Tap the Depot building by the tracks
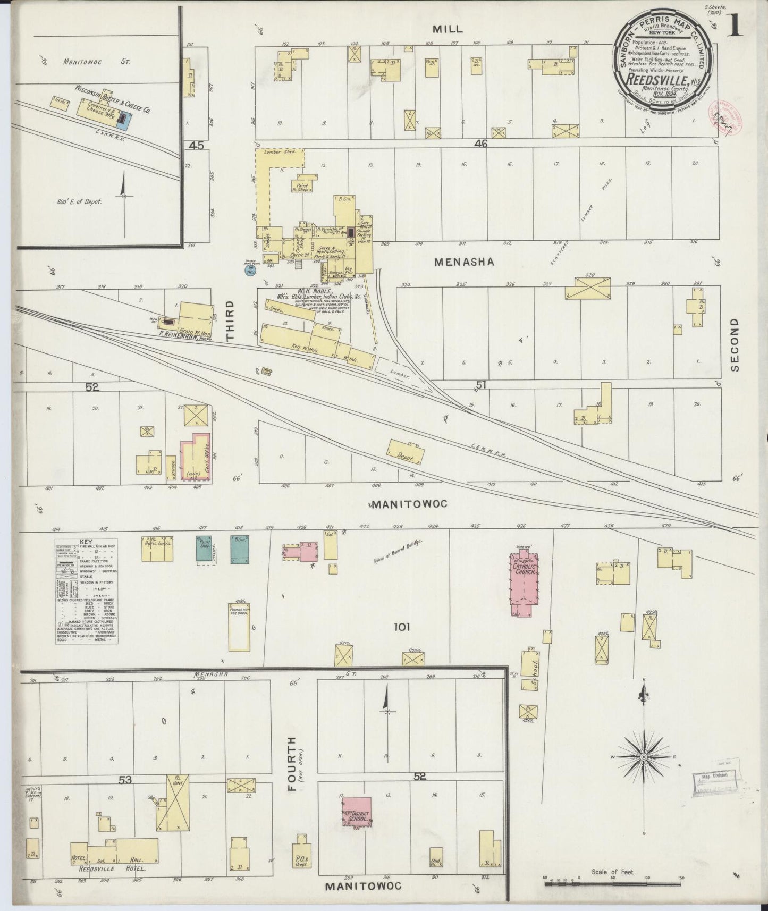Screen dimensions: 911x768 tap(407, 453)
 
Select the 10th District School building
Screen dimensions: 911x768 tap(356, 815)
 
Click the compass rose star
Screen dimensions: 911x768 tap(644, 756)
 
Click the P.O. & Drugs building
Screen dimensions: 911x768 tap(301, 859)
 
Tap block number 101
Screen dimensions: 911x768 tap(402, 627)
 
